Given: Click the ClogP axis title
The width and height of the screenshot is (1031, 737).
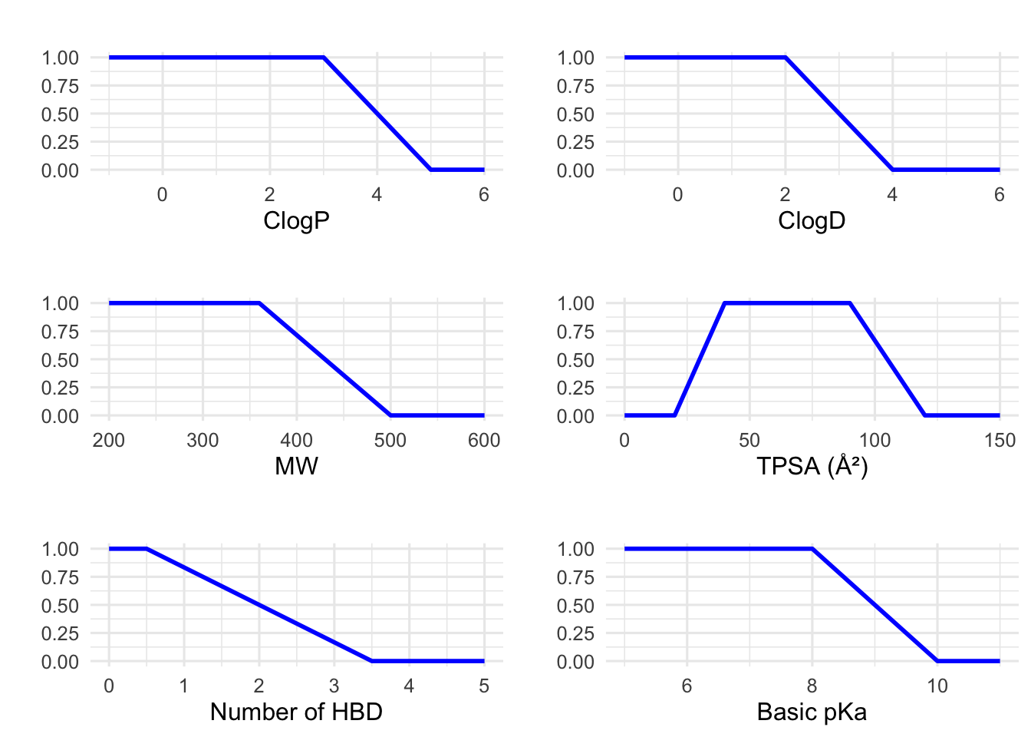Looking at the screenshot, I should pyautogui.click(x=296, y=221).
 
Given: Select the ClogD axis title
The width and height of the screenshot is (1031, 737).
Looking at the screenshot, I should pyautogui.click(x=812, y=221).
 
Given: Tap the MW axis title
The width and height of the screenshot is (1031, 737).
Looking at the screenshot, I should pyautogui.click(x=296, y=466).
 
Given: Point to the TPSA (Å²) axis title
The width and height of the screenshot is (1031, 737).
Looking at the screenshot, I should pyautogui.click(x=812, y=466).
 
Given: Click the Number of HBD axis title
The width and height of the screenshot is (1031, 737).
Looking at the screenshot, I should pyautogui.click(x=296, y=712).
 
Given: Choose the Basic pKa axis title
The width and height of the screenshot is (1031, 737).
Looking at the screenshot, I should pyautogui.click(x=812, y=712).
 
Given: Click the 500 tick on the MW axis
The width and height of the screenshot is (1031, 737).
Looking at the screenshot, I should pyautogui.click(x=390, y=440).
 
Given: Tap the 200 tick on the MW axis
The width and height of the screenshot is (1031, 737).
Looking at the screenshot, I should pyautogui.click(x=109, y=440).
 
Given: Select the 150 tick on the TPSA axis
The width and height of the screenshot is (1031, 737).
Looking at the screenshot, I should pyautogui.click(x=999, y=440).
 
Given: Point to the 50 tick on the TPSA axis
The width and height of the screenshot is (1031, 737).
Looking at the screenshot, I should pyautogui.click(x=749, y=440).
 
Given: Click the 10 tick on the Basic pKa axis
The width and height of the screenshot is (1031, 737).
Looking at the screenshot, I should pyautogui.click(x=937, y=686).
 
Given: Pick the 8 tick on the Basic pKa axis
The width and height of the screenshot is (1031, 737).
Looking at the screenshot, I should pyautogui.click(x=812, y=686).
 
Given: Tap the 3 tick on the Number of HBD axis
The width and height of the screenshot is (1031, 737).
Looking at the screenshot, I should pyautogui.click(x=334, y=686).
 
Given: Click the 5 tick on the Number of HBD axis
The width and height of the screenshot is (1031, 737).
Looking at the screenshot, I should pyautogui.click(x=484, y=686).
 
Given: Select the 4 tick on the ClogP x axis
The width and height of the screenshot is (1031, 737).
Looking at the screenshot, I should pyautogui.click(x=377, y=195).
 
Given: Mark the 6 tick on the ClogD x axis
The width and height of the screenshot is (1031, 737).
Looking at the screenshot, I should pyautogui.click(x=999, y=195).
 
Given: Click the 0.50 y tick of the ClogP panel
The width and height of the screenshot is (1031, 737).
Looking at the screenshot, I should pyautogui.click(x=60, y=114).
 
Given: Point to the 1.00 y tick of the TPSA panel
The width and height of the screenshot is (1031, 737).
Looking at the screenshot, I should pyautogui.click(x=575, y=303).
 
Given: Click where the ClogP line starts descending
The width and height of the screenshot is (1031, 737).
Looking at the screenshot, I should pyautogui.click(x=324, y=58).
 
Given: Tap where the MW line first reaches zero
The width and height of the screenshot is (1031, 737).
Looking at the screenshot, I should pyautogui.click(x=390, y=415).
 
